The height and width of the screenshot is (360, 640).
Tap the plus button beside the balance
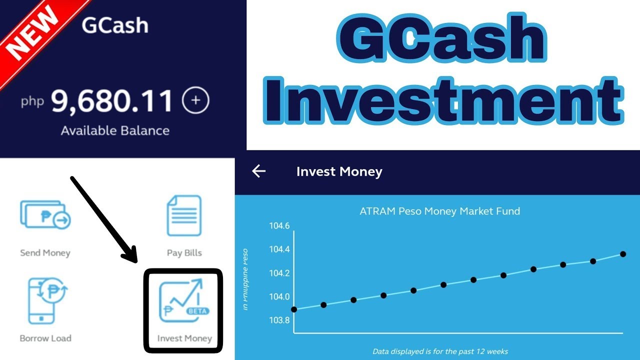pos(195,100)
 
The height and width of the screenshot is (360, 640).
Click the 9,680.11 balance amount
pos(112,101)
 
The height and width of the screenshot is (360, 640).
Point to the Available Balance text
pos(115,131)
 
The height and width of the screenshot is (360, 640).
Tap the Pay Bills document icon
pos(184,215)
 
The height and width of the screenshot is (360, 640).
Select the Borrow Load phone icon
pos(45,300)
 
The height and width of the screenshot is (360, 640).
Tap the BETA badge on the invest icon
pos(197,310)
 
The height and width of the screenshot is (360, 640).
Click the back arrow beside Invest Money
pos(258,171)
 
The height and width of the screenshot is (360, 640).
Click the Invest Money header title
pos(339,171)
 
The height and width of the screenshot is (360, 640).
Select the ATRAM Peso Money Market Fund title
pos(439,211)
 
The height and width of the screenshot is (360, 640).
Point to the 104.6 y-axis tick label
pos(279,226)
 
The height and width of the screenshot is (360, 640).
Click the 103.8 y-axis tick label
pos(279,320)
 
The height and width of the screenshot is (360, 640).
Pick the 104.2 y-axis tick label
pos(279,273)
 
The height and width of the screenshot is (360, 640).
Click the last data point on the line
pos(623,254)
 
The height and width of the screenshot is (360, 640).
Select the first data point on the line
pos(294,309)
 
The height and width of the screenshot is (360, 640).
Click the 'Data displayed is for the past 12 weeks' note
pos(440,351)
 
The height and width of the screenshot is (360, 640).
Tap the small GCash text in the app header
pos(115,25)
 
